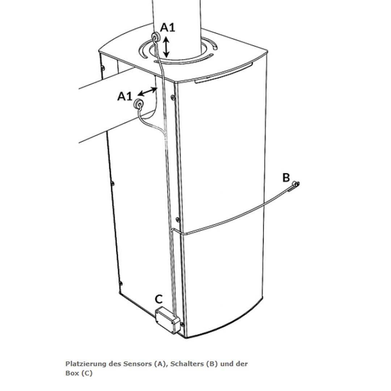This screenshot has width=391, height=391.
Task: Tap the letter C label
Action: coord(159,299)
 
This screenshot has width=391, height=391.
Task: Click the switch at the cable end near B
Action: coord(295,185)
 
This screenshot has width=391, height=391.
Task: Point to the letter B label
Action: coord(286,177)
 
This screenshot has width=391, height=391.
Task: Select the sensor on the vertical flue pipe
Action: coord(156,37)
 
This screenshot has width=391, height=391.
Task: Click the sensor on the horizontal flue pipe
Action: coord(138,103)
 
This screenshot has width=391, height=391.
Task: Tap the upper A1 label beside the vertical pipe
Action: coord(168,28)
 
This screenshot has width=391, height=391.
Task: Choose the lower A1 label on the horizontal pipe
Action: coord(125,96)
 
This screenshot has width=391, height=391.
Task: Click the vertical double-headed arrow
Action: coord(166,47)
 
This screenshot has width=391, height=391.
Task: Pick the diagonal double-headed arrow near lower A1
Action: coord(148,91)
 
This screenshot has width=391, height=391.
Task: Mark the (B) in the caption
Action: coord(212,364)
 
